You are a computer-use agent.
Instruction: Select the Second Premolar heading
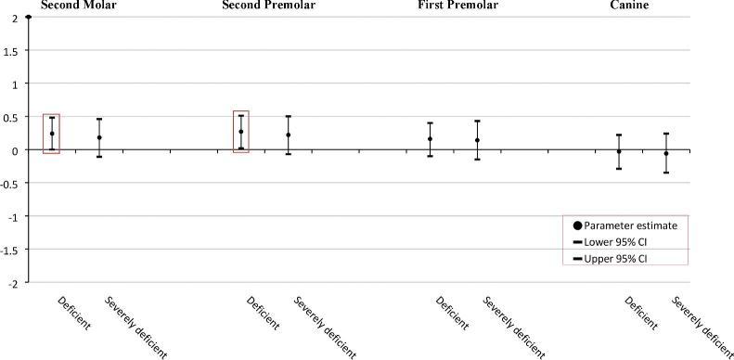(x=267, y=6)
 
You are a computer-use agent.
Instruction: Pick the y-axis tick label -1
(x=12, y=215)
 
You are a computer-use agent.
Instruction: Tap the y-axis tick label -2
(x=12, y=281)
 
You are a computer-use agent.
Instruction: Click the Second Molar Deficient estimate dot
(x=52, y=134)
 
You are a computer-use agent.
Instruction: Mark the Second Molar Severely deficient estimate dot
(x=99, y=137)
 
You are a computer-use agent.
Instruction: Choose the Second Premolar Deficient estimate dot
(x=241, y=132)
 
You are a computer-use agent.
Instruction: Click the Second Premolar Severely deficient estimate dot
(x=289, y=135)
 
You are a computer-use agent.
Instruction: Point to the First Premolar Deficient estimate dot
(x=431, y=139)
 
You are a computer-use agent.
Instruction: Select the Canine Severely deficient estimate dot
(x=666, y=153)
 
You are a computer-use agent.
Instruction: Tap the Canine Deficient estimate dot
(x=619, y=150)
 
